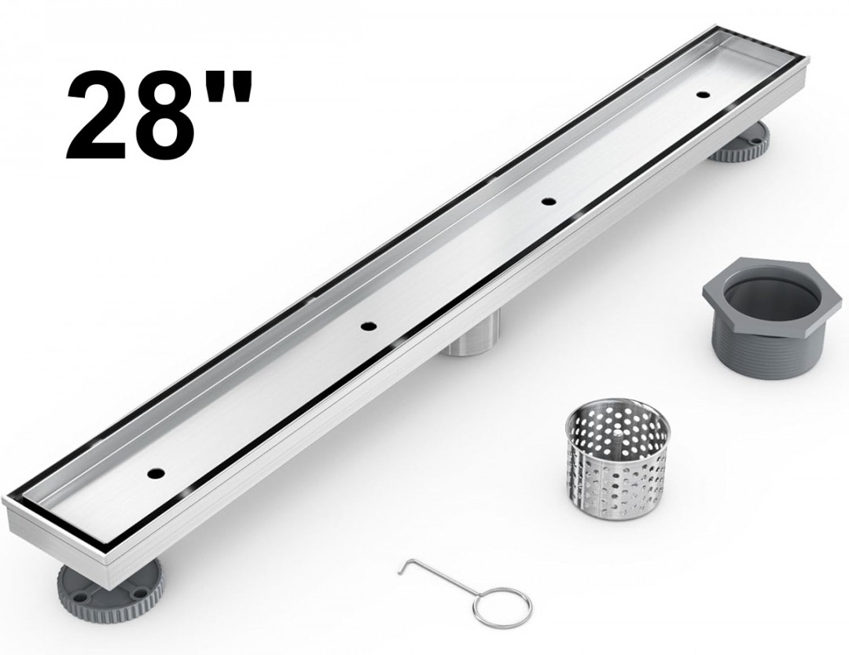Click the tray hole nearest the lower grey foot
pos(156,473)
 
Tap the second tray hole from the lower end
pos(369,326)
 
